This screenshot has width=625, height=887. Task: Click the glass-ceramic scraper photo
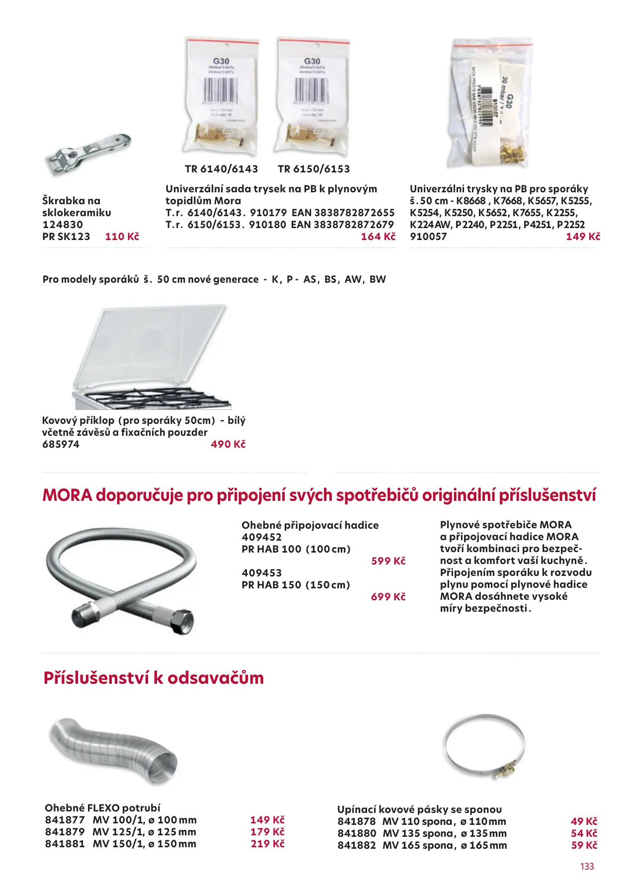click(x=88, y=155)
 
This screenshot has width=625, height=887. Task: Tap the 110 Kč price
click(x=122, y=237)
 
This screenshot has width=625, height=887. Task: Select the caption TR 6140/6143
click(x=221, y=169)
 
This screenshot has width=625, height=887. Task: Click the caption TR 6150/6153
click(x=313, y=169)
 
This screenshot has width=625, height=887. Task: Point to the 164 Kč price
click(x=378, y=237)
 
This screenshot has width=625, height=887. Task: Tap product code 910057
click(x=428, y=237)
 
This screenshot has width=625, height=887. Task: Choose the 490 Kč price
click(x=228, y=444)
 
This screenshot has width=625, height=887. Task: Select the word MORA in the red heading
click(x=67, y=495)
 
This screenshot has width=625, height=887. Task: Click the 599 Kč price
click(x=388, y=561)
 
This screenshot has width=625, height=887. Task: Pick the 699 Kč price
click(x=388, y=597)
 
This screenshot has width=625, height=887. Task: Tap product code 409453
click(x=261, y=573)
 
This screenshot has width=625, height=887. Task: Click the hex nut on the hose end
click(x=182, y=621)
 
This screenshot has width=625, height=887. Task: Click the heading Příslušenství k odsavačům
click(x=154, y=678)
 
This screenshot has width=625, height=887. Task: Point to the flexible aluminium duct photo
click(x=113, y=750)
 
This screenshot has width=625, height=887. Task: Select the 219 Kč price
click(x=267, y=844)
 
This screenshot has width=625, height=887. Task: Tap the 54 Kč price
click(x=584, y=833)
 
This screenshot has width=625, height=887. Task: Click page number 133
click(x=587, y=867)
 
